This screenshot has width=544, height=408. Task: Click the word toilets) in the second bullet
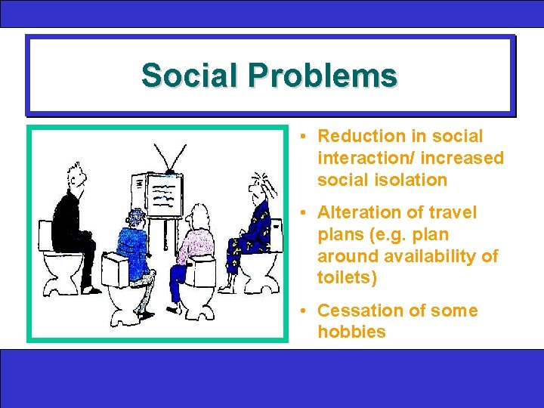pyautogui.click(x=347, y=278)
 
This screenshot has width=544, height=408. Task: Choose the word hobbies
pyautogui.click(x=351, y=332)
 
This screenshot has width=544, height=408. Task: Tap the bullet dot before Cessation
pyautogui.click(x=301, y=311)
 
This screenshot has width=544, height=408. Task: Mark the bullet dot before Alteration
pyautogui.click(x=301, y=214)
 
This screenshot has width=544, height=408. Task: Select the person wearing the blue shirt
pyautogui.click(x=134, y=242)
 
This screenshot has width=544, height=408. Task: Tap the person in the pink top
pyautogui.click(x=198, y=242)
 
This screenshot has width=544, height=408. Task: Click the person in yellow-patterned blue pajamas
pyautogui.click(x=255, y=227)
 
